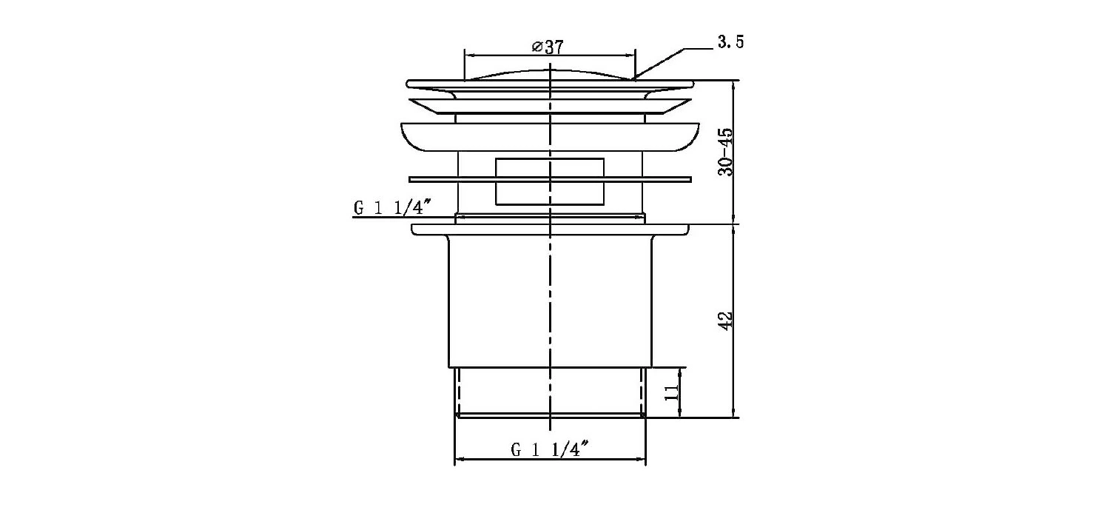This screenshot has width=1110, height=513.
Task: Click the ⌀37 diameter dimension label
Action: coord(548,47)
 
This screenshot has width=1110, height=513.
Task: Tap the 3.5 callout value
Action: coord(731,43)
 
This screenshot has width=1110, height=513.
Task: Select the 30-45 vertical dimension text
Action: coord(725,152)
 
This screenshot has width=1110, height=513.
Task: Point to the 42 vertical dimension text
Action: coord(726,321)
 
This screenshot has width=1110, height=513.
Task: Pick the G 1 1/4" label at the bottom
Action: coord(550,449)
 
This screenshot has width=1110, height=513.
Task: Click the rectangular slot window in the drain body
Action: coord(550,181)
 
